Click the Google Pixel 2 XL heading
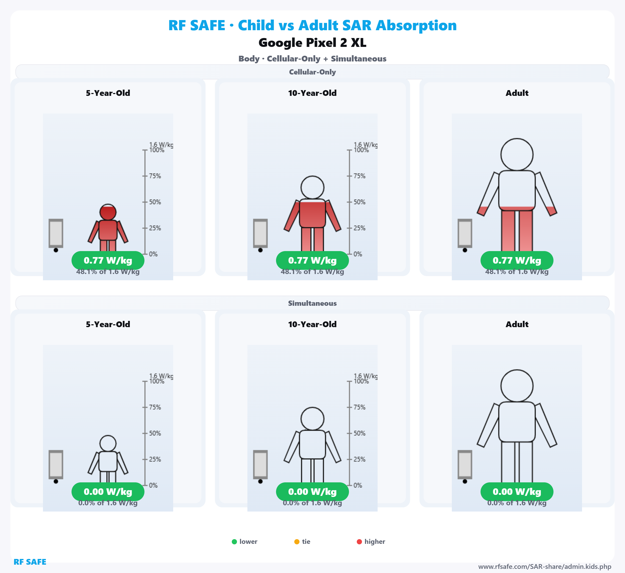coord(312,43)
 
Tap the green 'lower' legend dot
coord(234,542)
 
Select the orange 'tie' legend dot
coord(297,542)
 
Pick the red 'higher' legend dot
coord(359,542)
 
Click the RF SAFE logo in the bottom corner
coord(30,562)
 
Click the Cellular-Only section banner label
coord(312,72)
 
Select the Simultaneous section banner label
coord(312,303)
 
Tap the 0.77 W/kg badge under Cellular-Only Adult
coord(517,260)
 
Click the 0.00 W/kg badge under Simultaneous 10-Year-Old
coord(312,492)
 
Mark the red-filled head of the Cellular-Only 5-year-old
coord(108,212)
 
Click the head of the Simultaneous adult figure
coord(517,386)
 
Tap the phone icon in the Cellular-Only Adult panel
coord(465,233)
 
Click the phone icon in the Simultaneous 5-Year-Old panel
coord(56,464)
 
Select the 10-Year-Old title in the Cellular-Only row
coord(312,93)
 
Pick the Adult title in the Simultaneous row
coord(517,324)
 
